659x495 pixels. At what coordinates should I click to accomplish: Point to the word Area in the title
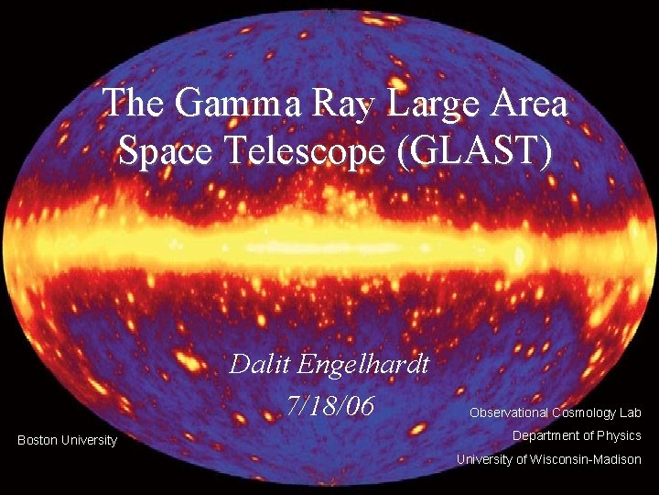(528, 104)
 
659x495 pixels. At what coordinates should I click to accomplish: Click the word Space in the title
(162, 151)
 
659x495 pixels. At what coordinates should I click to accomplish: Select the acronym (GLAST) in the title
(477, 151)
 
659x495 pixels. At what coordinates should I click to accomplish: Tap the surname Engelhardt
(364, 365)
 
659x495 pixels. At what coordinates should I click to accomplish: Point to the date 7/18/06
(329, 405)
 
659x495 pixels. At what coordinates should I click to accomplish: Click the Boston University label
(68, 441)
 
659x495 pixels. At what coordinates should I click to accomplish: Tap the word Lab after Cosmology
(631, 413)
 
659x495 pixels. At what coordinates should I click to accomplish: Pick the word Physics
(619, 435)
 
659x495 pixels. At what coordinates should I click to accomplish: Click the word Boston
(38, 441)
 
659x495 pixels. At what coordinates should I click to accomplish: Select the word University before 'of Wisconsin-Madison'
(485, 459)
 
